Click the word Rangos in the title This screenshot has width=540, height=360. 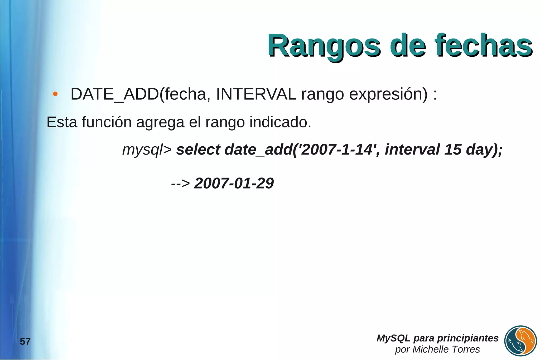(x=324, y=46)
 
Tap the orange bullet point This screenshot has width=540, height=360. (x=55, y=94)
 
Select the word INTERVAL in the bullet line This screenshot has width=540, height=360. (x=256, y=94)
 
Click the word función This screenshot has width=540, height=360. (x=107, y=122)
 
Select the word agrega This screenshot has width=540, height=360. (x=160, y=123)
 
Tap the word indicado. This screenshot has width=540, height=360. (x=280, y=122)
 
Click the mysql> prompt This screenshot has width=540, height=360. (x=147, y=150)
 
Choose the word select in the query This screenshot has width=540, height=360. (x=198, y=150)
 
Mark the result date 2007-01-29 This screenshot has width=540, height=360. (x=234, y=183)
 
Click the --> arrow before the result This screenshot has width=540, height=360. (x=180, y=183)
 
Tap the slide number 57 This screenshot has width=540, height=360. (x=25, y=342)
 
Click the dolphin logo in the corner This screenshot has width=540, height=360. (x=520, y=341)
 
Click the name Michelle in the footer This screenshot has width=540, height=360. (x=429, y=349)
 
